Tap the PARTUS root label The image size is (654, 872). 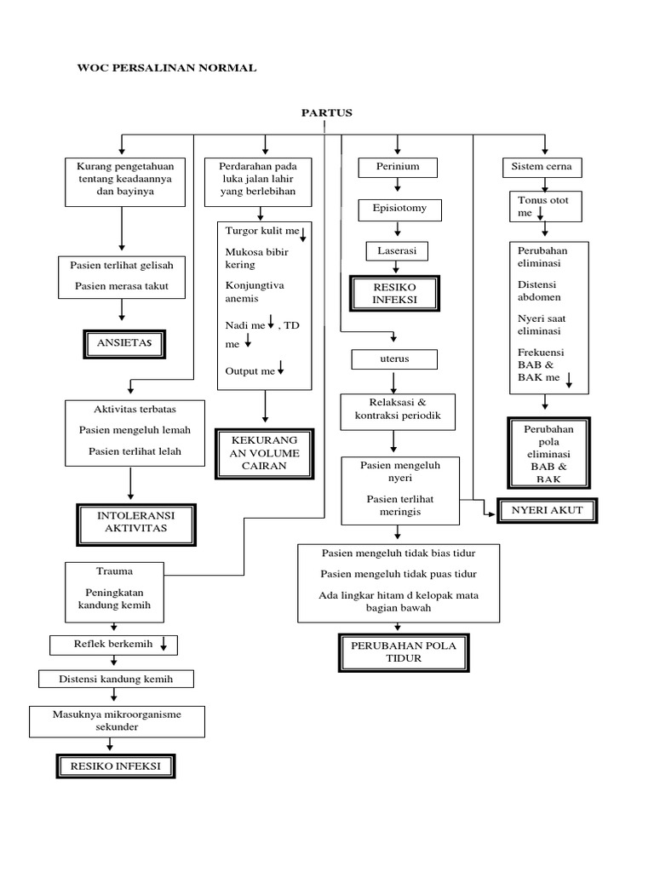[326, 112]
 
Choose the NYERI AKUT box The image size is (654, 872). [546, 510]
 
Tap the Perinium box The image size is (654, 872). [398, 167]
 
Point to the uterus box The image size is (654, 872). [394, 359]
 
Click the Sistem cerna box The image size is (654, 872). [542, 167]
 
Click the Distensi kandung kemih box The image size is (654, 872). [116, 679]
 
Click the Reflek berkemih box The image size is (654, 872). [113, 645]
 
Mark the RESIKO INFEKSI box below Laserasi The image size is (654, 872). [393, 295]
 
